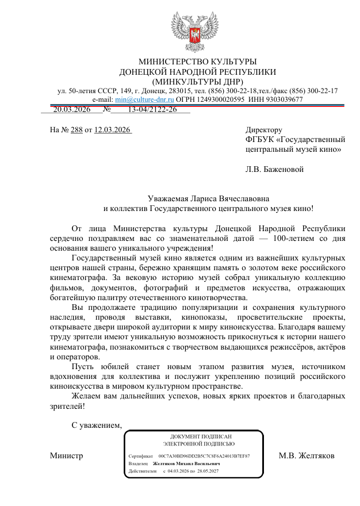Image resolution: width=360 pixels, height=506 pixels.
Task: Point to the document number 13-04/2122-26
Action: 152,109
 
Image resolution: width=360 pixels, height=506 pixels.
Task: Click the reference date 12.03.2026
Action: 113,130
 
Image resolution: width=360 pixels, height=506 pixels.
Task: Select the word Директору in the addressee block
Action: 264,130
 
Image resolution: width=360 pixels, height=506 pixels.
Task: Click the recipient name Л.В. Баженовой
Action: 274,169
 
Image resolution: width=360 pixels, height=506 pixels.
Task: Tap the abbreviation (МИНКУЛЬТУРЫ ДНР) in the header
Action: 197,82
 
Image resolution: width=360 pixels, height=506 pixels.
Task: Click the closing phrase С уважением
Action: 97,426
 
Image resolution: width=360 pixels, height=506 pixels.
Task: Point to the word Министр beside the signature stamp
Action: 66,456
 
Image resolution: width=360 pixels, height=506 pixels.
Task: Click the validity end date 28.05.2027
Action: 208,470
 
